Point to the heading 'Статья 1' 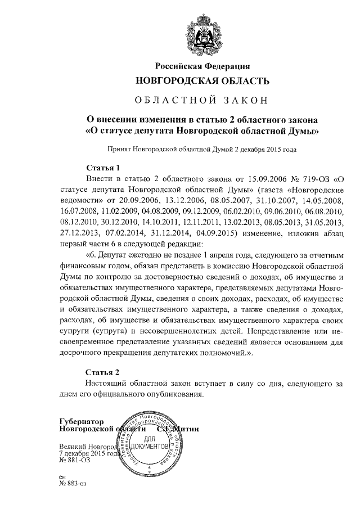[103, 168]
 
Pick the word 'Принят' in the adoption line [120, 150]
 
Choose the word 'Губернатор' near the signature [82, 422]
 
